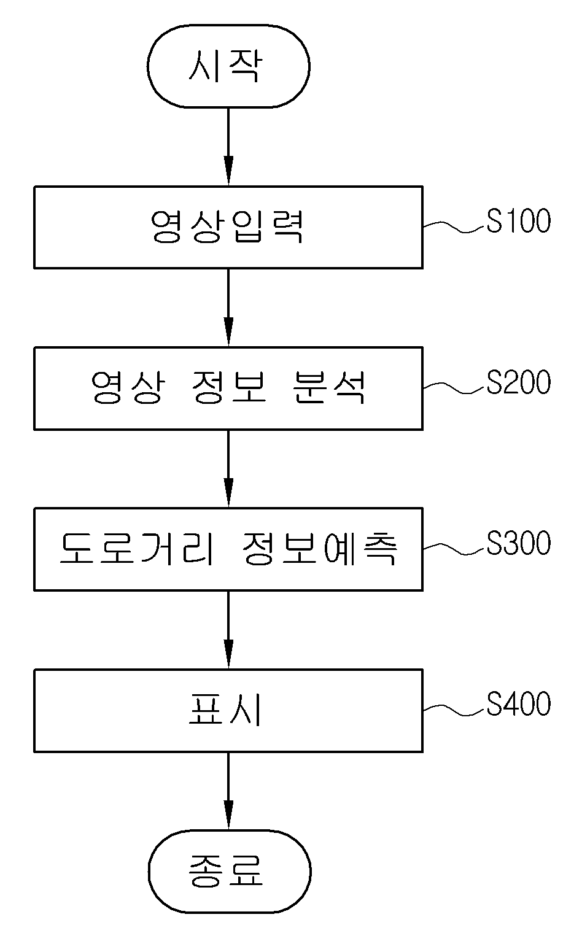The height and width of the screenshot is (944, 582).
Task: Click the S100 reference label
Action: coord(518,221)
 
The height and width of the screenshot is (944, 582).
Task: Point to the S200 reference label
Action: coord(518,382)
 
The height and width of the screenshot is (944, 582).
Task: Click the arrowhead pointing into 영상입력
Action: coord(228,171)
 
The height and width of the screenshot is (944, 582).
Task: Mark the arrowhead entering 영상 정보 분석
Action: coord(228,331)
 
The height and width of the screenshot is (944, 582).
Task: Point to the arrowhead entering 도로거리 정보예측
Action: coord(228,493)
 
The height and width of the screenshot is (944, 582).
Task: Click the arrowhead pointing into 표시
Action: coord(228,654)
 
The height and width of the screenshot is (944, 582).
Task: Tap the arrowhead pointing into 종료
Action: coord(228,815)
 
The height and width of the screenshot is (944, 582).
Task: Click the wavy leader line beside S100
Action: coord(454,226)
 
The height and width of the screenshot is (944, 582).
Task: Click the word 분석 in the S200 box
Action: coord(328,387)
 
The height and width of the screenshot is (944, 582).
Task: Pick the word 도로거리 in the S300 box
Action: coord(138,549)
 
